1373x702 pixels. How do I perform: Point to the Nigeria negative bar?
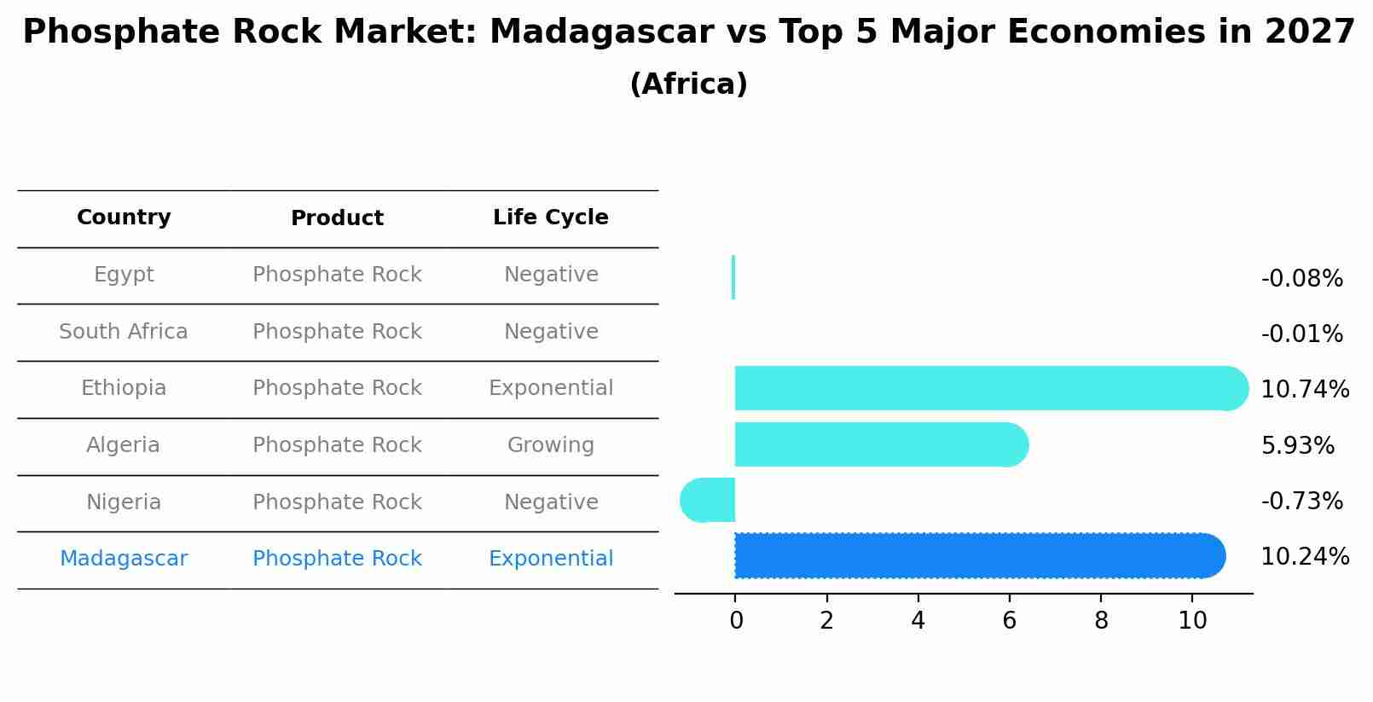[708, 500]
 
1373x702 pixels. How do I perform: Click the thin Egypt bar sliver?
[733, 277]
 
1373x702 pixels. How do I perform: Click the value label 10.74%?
[1304, 390]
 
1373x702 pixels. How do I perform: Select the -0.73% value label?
[1301, 502]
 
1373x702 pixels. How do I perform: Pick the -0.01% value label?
[1301, 334]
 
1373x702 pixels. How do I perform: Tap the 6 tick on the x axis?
[1009, 621]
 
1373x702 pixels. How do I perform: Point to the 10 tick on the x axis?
[1192, 621]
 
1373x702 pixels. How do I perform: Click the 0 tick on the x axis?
[736, 621]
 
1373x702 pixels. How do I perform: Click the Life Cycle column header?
[550, 218]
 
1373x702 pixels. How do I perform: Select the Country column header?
[124, 218]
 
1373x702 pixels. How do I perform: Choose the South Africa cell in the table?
[124, 332]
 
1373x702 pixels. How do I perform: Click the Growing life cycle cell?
[550, 445]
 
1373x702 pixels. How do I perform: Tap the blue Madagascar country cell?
[124, 559]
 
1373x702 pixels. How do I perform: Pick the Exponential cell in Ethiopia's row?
[550, 388]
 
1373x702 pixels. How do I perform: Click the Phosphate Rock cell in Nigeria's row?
[337, 502]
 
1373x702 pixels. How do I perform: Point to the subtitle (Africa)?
[688, 84]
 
